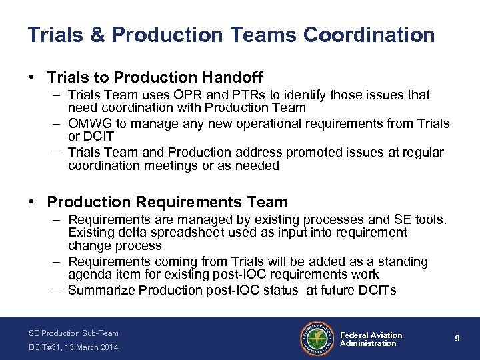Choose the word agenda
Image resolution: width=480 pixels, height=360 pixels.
(87, 274)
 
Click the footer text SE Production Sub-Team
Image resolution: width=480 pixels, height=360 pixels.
(73, 333)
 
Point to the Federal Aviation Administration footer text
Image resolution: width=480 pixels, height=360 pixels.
(371, 339)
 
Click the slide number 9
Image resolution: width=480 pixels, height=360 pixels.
(457, 339)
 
